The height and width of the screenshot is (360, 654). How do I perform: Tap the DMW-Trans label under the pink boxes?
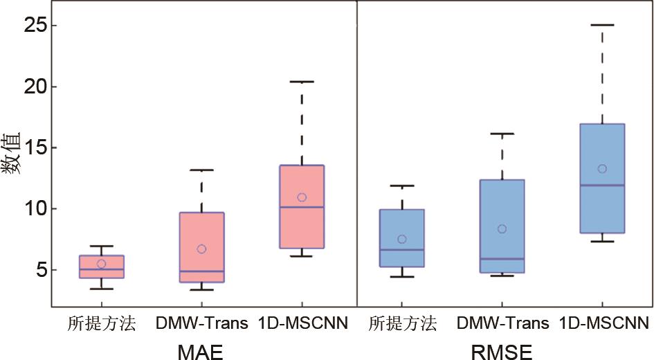coord(201,323)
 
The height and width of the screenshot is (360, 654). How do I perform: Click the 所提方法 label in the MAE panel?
coord(102,323)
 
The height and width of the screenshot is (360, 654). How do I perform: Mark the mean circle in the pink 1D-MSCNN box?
coord(302,197)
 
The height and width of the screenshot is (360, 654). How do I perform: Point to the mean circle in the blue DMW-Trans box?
coord(502,228)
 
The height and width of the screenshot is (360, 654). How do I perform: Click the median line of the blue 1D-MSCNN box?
coord(602,185)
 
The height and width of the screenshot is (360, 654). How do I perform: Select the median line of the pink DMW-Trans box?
coord(201,271)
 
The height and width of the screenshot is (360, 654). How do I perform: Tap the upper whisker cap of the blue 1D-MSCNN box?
coord(602,25)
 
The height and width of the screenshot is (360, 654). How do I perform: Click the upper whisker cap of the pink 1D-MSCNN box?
coord(302,82)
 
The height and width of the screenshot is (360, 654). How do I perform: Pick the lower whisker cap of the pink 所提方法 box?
coord(102,289)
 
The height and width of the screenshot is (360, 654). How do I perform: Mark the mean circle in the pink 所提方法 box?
coord(102,263)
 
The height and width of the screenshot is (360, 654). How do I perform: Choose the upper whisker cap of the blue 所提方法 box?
coord(401,186)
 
